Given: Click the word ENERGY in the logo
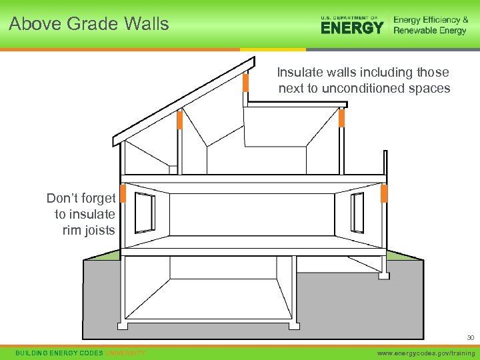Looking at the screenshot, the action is pos(352,27).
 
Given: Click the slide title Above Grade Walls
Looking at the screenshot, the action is pos(89,24).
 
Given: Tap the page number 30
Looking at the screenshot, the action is pos(469,337).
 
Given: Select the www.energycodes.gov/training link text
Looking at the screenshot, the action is pos(427,353).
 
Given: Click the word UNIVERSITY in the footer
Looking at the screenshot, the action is pos(125,353).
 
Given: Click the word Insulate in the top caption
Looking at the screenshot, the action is pos(299,72).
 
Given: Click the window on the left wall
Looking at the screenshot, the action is pos(145,212).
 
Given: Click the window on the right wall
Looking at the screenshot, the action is pos(357,212).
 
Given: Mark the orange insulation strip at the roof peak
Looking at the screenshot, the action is pos(245,83).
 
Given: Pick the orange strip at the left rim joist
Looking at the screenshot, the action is pos(123,194).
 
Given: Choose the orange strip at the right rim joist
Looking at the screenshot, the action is pos(384,194).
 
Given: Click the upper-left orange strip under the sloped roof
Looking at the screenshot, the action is pos(179,120).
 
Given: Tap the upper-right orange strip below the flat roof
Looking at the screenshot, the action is pos(341,118).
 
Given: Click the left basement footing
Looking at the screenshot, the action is pos(123,326).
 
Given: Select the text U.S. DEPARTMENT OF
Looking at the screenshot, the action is pos(349,17).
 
